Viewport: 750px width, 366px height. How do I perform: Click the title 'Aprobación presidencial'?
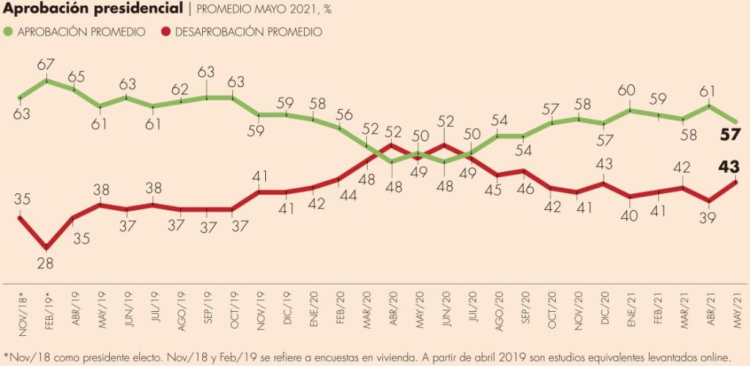click(x=92, y=10)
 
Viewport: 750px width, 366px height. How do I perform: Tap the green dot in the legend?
click(x=8, y=31)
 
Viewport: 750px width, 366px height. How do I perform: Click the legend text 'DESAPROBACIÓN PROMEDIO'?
click(x=238, y=31)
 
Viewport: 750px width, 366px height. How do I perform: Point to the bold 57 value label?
click(x=731, y=135)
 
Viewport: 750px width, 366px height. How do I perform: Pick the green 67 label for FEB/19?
click(x=47, y=65)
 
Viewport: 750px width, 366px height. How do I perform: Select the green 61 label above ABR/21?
click(x=709, y=91)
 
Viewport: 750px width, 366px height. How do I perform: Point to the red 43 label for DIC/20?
click(x=604, y=165)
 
